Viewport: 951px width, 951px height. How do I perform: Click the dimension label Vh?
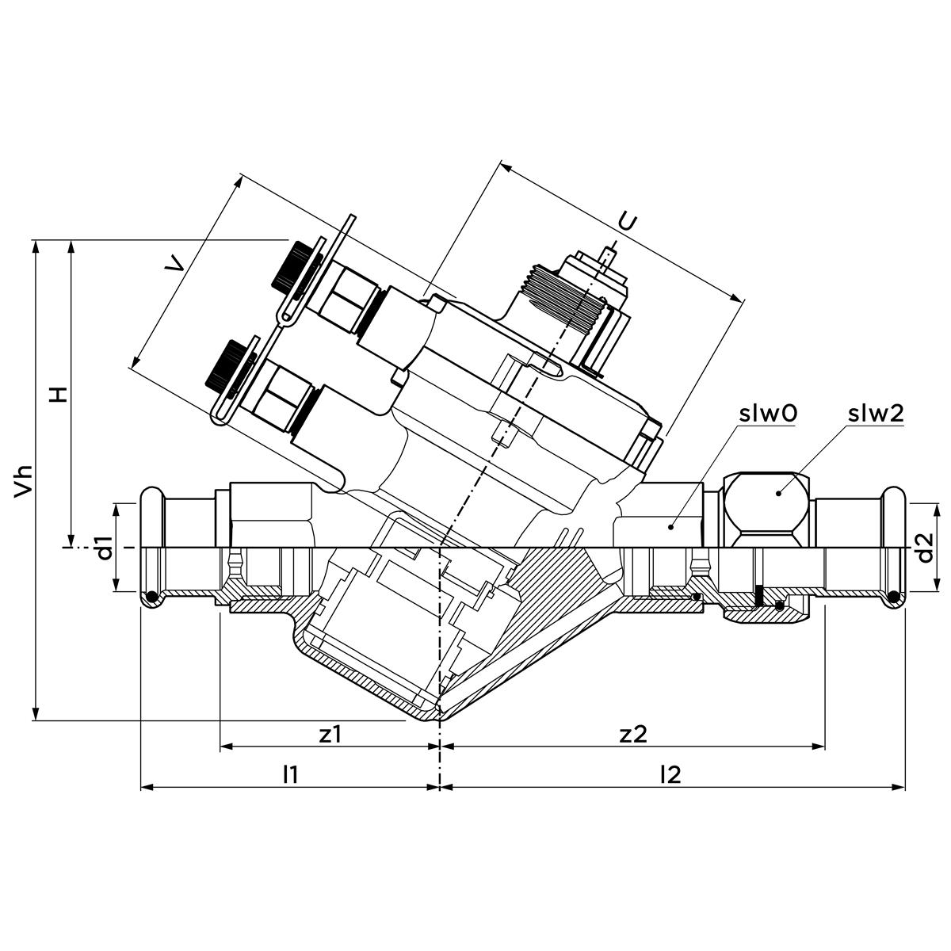[x=25, y=479]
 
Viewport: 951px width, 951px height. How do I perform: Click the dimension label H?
[x=58, y=394]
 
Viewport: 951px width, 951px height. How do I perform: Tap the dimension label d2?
[x=925, y=547]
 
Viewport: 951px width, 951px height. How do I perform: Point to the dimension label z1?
[x=330, y=734]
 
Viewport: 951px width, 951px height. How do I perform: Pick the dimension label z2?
[x=634, y=734]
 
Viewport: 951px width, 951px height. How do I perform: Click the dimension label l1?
[x=291, y=775]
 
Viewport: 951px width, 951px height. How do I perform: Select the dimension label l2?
[x=670, y=775]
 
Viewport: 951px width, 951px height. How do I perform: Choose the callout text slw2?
[x=876, y=413]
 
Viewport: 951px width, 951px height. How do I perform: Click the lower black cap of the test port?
[x=224, y=364]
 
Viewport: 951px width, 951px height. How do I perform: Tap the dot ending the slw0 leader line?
[x=670, y=525]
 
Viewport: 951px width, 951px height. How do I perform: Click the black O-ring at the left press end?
[x=149, y=597]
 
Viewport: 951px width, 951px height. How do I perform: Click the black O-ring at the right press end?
[x=894, y=597]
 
